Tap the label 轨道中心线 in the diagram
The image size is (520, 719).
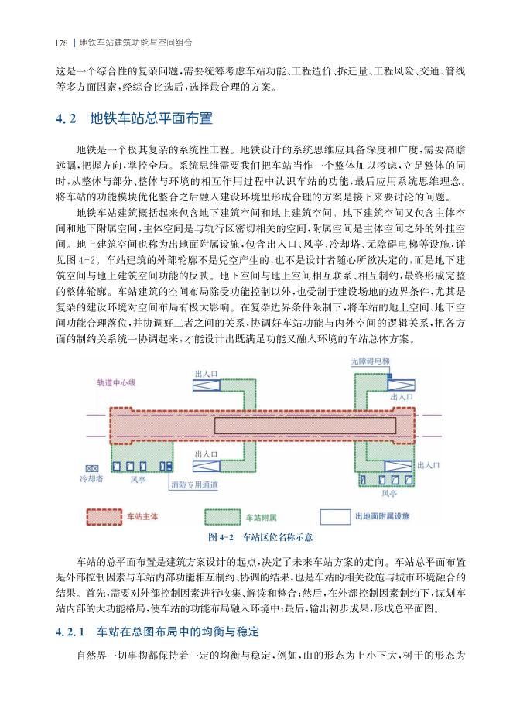116,382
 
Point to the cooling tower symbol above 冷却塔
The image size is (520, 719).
92,468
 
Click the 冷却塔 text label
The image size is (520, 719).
92,480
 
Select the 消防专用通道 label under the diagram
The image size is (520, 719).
193,485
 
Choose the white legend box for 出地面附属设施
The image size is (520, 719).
335,515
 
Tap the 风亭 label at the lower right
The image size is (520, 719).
389,491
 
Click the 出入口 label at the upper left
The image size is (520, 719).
205,374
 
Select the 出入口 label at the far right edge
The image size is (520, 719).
427,465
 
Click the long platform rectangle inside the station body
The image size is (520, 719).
310,425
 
